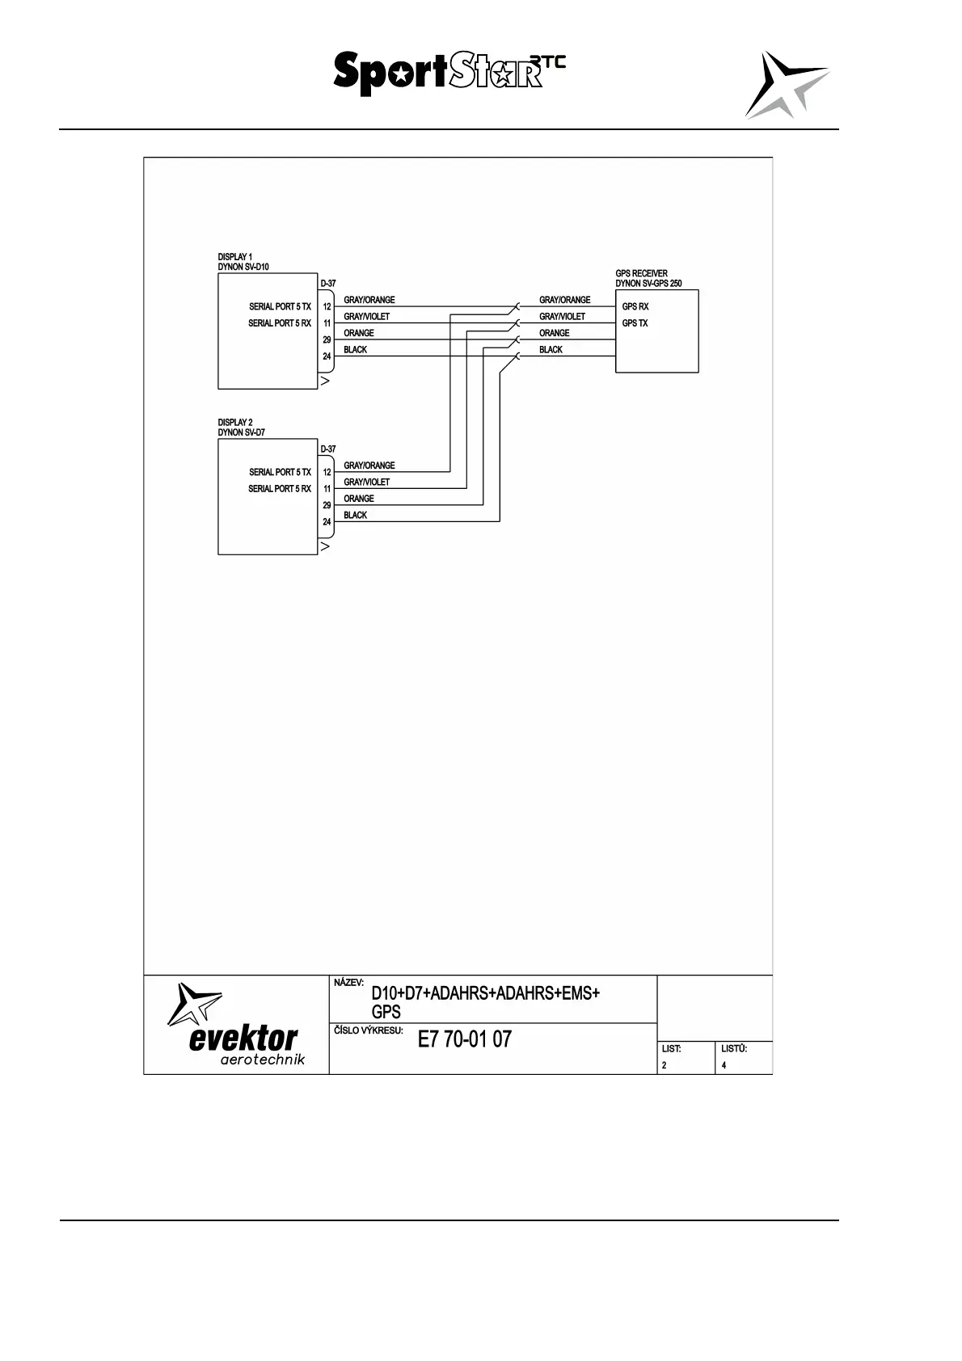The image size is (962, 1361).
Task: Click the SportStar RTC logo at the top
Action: (x=449, y=73)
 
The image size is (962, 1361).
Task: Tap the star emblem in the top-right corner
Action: (x=785, y=85)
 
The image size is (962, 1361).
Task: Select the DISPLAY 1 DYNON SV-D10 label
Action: (x=243, y=262)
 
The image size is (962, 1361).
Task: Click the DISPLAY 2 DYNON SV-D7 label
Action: (x=241, y=428)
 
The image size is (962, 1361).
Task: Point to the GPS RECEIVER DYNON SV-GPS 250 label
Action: (x=648, y=279)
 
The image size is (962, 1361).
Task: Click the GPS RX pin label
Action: (x=635, y=307)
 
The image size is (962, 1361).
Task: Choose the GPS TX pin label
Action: (x=635, y=323)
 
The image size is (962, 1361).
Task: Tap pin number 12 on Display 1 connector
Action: (x=327, y=307)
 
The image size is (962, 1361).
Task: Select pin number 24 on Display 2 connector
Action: (x=327, y=522)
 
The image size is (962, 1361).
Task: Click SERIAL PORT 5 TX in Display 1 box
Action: (x=280, y=307)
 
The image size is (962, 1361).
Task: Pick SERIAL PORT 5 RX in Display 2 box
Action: (x=280, y=489)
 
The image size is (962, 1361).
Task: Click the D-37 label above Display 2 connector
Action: (x=328, y=449)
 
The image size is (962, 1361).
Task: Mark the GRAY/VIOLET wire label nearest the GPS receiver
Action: (x=562, y=317)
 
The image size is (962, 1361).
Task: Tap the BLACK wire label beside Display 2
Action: (x=355, y=516)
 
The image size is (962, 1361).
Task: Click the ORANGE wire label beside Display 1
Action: (x=359, y=333)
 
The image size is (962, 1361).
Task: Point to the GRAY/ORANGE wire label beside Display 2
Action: (x=369, y=466)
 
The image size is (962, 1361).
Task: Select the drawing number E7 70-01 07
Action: (x=465, y=1039)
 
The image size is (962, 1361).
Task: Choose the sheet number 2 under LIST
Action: (x=665, y=1065)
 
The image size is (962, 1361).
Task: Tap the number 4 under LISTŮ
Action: (x=724, y=1065)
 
